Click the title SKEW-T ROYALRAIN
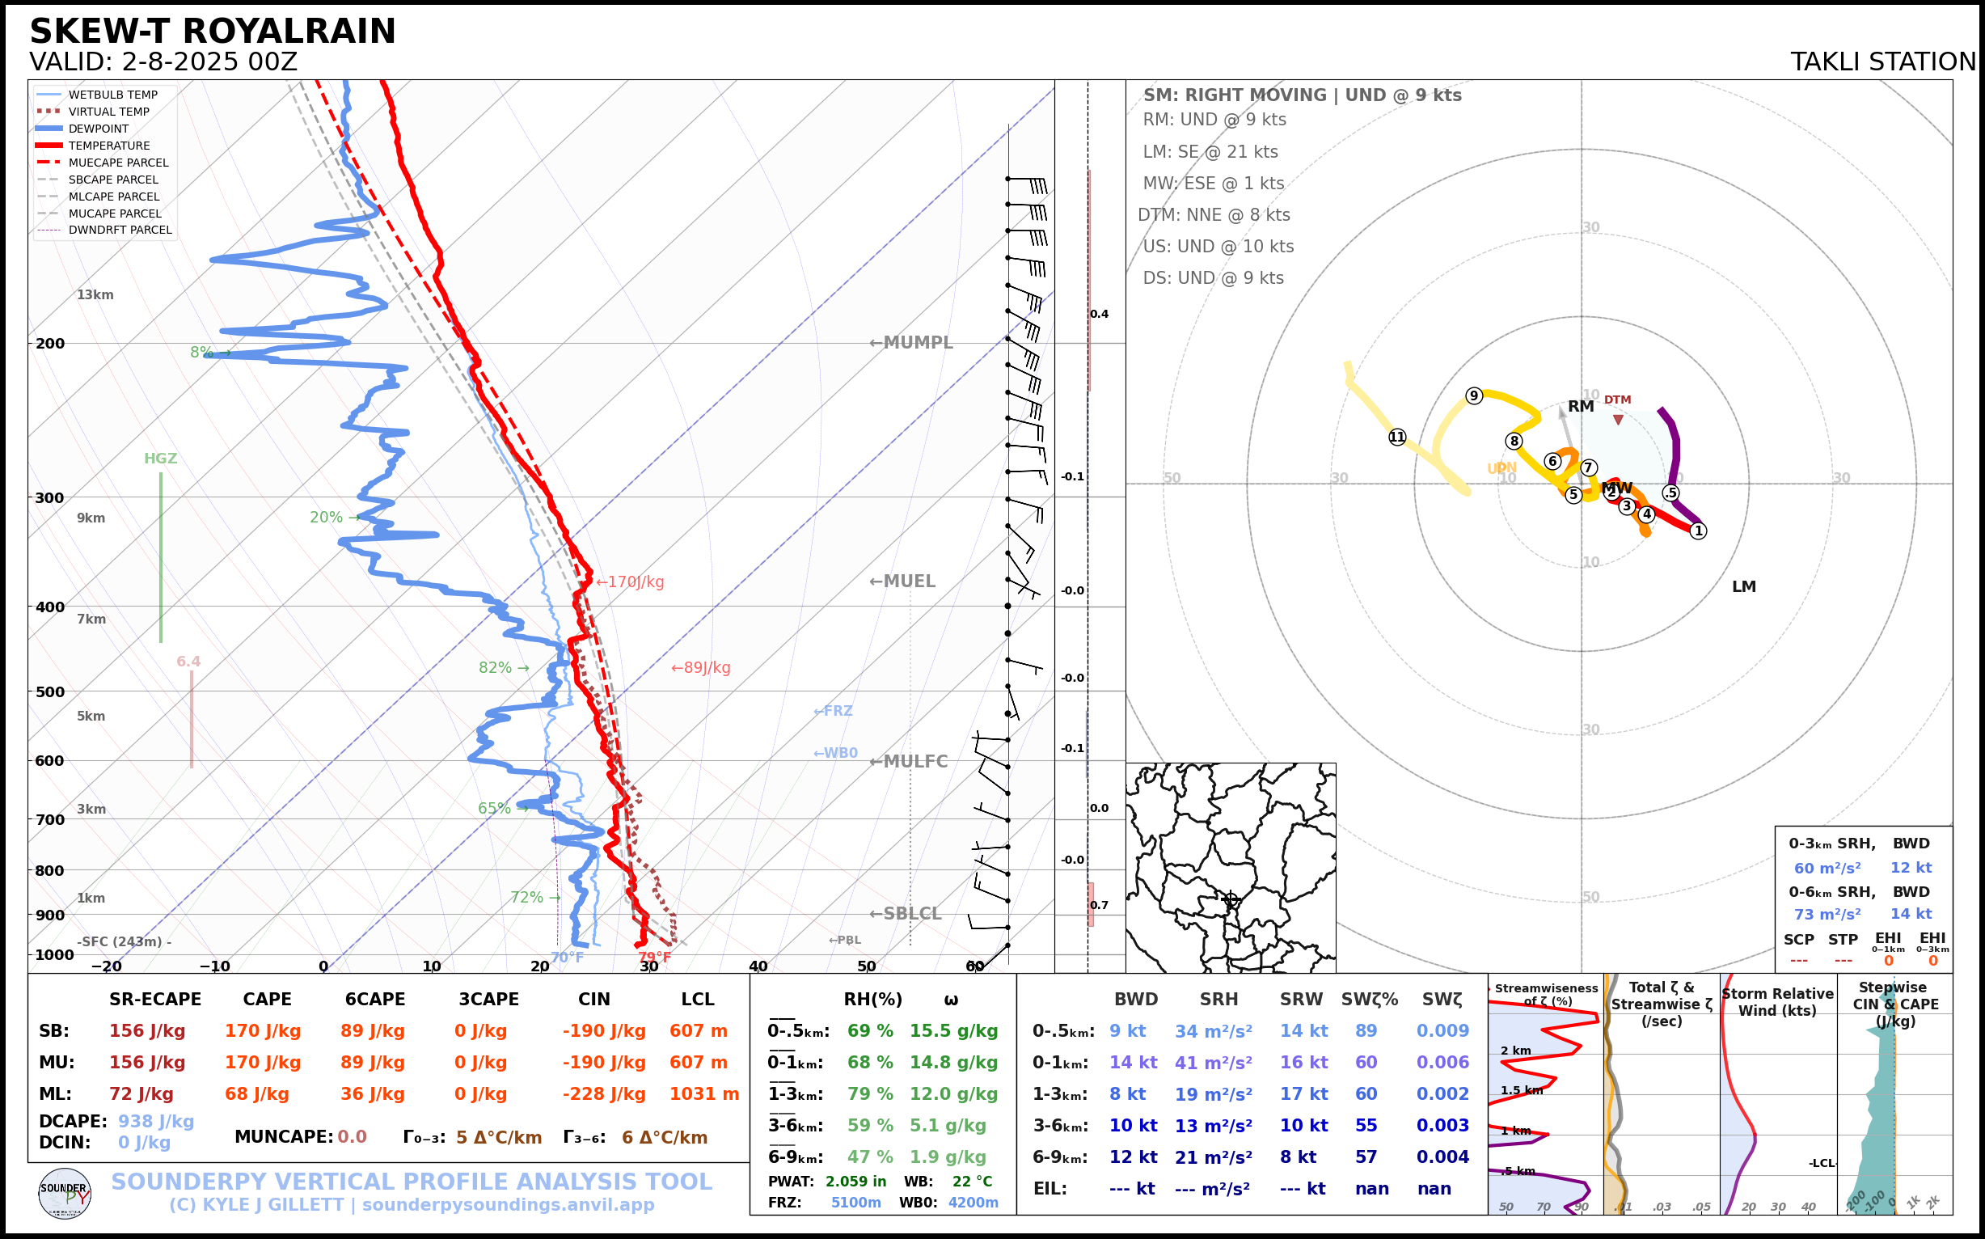(x=212, y=32)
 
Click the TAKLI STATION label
(x=1882, y=61)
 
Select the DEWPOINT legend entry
(x=99, y=129)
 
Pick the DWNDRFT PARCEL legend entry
(x=120, y=230)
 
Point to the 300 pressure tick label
(x=49, y=497)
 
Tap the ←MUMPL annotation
(x=911, y=343)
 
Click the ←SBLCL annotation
(x=906, y=914)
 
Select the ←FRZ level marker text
(x=832, y=710)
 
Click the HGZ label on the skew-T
(x=161, y=459)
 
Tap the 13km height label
(x=95, y=295)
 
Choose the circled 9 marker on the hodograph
(x=1474, y=395)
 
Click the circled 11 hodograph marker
(x=1397, y=437)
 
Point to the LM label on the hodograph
(x=1743, y=586)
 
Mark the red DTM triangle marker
(x=1618, y=420)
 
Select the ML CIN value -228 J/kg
(x=604, y=1094)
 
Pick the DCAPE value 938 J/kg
(x=156, y=1121)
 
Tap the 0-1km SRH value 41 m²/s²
(x=1214, y=1063)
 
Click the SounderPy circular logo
(x=65, y=1193)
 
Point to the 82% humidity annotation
(x=495, y=668)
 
